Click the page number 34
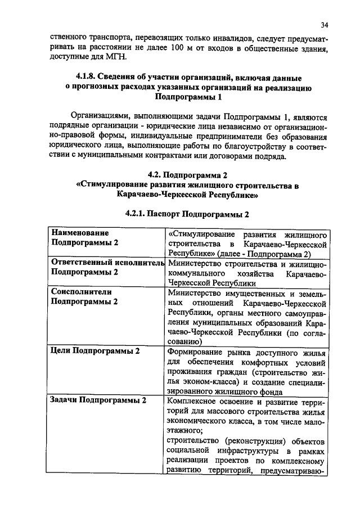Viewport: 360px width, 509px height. [325, 25]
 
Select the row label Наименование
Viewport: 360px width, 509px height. [79, 232]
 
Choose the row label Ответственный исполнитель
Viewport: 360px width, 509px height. [107, 262]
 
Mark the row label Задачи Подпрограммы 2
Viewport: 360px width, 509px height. [98, 400]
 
